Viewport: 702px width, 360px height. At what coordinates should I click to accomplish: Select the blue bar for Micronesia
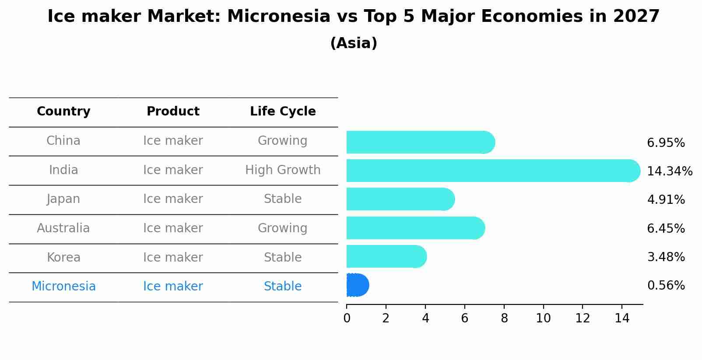coord(357,285)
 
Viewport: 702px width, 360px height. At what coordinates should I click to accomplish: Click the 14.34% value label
coord(669,171)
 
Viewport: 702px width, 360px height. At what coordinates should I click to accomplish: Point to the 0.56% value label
coord(666,286)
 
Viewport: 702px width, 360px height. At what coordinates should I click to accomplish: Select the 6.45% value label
coord(666,228)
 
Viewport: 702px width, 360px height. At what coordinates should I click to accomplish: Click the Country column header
coord(63,112)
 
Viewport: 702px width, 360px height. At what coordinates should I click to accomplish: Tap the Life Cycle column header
coord(283,112)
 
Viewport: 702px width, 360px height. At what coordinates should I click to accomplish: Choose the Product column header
coord(173,112)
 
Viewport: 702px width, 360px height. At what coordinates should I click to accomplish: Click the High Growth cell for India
coord(283,170)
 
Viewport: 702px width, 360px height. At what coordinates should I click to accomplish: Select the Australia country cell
coord(63,228)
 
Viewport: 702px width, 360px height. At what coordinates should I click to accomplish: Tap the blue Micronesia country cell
coord(63,287)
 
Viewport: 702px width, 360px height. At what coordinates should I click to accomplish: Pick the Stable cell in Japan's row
coord(283,199)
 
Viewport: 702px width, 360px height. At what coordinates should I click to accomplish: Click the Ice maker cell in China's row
coord(173,141)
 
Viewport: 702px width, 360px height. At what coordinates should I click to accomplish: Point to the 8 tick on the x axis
coord(504,318)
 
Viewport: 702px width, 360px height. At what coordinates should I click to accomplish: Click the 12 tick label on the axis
coord(583,318)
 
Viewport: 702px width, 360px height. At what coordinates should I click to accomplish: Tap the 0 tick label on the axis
coord(347,318)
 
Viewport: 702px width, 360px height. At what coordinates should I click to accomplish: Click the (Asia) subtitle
coord(354,43)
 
